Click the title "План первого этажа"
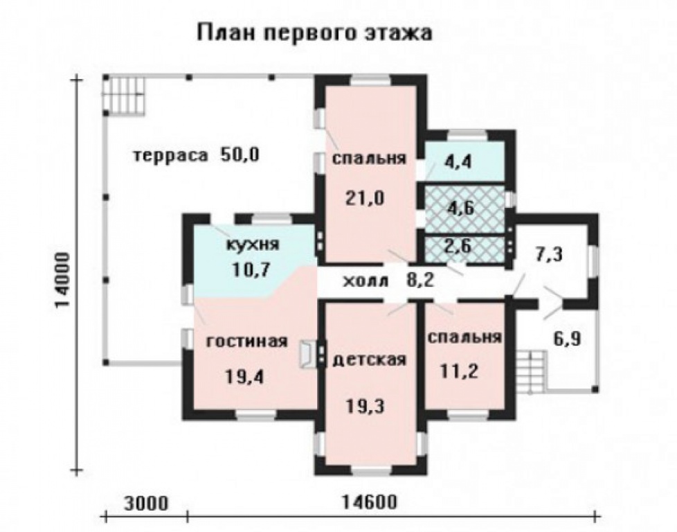(315, 33)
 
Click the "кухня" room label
(253, 245)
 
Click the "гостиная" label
(246, 342)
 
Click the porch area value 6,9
(566, 340)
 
